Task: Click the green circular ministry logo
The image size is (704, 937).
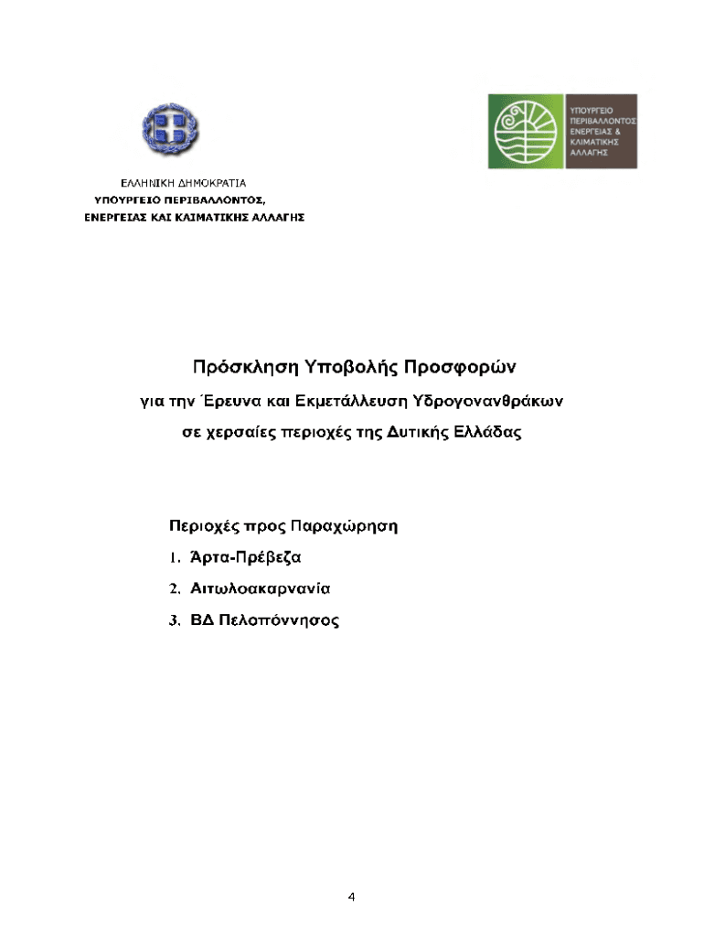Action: pyautogui.click(x=525, y=130)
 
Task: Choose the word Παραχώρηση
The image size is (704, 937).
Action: pyautogui.click(x=347, y=527)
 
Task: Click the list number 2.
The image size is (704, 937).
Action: pyautogui.click(x=174, y=588)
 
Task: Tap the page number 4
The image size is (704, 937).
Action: pyautogui.click(x=351, y=897)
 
